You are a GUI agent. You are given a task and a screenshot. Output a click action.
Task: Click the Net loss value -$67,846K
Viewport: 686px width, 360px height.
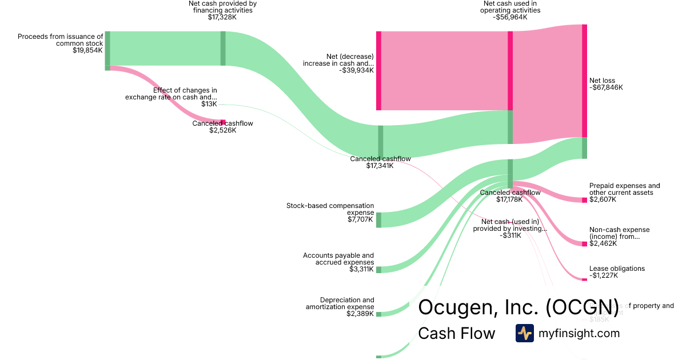(606, 88)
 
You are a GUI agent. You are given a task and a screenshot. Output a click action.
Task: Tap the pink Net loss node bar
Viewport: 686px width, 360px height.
(584, 80)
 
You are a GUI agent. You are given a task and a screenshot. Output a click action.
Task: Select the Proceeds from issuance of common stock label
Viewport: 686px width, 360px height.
(61, 39)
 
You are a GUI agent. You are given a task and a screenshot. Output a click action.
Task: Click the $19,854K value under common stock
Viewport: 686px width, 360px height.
(87, 50)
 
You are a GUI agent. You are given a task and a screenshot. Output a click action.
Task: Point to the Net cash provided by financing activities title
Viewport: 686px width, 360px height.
(222, 7)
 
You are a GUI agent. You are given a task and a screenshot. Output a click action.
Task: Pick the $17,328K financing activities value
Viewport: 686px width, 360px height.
(222, 17)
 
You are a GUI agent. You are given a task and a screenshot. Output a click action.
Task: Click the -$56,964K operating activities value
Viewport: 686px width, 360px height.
(510, 17)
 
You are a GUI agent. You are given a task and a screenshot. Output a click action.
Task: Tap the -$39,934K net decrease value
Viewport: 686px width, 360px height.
(356, 71)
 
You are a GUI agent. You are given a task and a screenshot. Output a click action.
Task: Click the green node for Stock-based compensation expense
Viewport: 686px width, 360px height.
(378, 220)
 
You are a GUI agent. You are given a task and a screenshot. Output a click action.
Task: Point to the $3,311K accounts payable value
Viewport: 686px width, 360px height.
(361, 269)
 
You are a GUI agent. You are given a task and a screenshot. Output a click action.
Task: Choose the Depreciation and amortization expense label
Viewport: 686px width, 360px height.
(340, 303)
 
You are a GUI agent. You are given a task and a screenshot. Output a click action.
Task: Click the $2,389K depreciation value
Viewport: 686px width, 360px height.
(360, 314)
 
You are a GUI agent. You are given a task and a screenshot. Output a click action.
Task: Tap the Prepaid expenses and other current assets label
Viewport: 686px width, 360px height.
(624, 189)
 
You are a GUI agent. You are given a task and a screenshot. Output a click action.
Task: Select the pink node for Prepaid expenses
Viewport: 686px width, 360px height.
(584, 200)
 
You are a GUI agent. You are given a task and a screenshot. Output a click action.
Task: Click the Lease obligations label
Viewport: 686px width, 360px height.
(617, 269)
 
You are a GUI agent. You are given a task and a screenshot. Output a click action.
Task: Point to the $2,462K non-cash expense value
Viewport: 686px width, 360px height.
(604, 244)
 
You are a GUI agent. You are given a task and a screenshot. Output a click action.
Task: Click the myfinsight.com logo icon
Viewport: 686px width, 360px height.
(524, 333)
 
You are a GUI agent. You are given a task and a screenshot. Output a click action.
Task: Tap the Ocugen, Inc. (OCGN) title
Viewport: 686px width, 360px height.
(519, 307)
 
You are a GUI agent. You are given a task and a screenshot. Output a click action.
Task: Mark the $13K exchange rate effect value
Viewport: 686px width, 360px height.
(209, 104)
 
